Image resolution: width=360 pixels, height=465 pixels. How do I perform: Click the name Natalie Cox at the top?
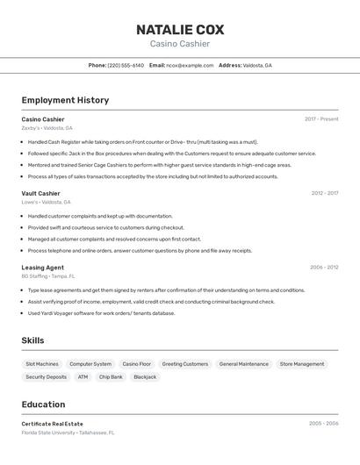tap(179, 29)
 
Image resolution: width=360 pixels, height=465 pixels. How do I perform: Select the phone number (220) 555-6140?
tap(126, 65)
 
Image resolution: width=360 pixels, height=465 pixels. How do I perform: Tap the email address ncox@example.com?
tap(190, 65)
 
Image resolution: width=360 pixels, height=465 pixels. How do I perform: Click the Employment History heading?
tap(65, 100)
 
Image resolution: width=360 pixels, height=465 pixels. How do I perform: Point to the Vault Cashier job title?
tap(40, 193)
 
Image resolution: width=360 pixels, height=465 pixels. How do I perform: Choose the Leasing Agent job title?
tap(42, 268)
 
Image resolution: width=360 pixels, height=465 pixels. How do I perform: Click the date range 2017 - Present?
tap(321, 119)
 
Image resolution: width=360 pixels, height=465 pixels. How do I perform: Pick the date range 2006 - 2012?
tap(323, 268)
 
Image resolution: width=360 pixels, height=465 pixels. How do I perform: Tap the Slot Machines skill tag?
tap(42, 364)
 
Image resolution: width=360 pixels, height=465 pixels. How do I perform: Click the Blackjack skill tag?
tap(145, 377)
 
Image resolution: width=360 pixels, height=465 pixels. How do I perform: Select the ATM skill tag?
tap(83, 377)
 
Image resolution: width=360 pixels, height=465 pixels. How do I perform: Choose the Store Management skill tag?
tap(302, 364)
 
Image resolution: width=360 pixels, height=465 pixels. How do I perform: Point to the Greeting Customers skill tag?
tap(184, 364)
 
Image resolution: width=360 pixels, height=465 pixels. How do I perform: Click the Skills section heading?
tap(32, 340)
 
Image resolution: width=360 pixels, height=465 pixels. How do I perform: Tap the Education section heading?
tap(43, 404)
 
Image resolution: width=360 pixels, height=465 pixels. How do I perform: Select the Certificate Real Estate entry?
tap(52, 424)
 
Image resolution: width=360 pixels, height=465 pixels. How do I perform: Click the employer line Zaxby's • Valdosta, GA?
tap(47, 128)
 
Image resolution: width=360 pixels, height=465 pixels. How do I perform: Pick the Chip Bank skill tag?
tap(111, 377)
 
